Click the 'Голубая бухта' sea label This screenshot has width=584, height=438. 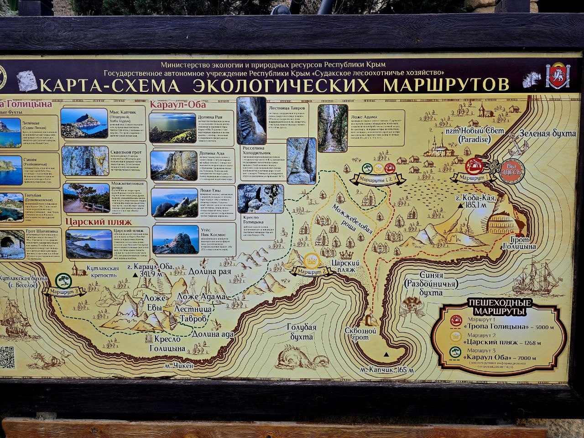[x=301, y=332]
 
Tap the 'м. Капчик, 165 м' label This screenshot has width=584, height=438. [x=387, y=369]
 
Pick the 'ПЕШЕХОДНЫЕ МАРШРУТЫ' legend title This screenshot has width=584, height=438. [x=500, y=308]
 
